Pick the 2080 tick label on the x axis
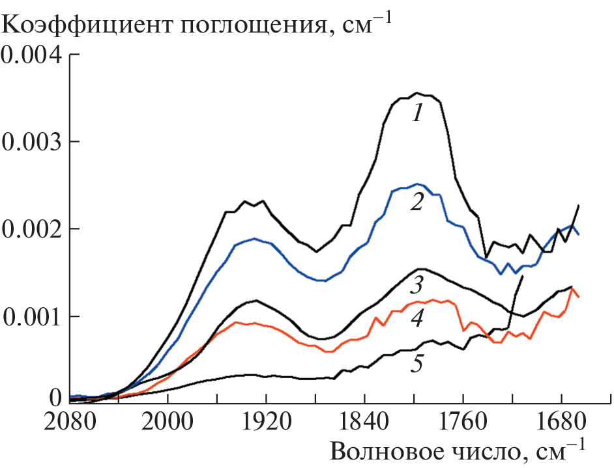70,421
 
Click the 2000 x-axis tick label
168,421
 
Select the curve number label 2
418,203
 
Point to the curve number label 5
417,363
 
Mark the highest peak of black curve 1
418,93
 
